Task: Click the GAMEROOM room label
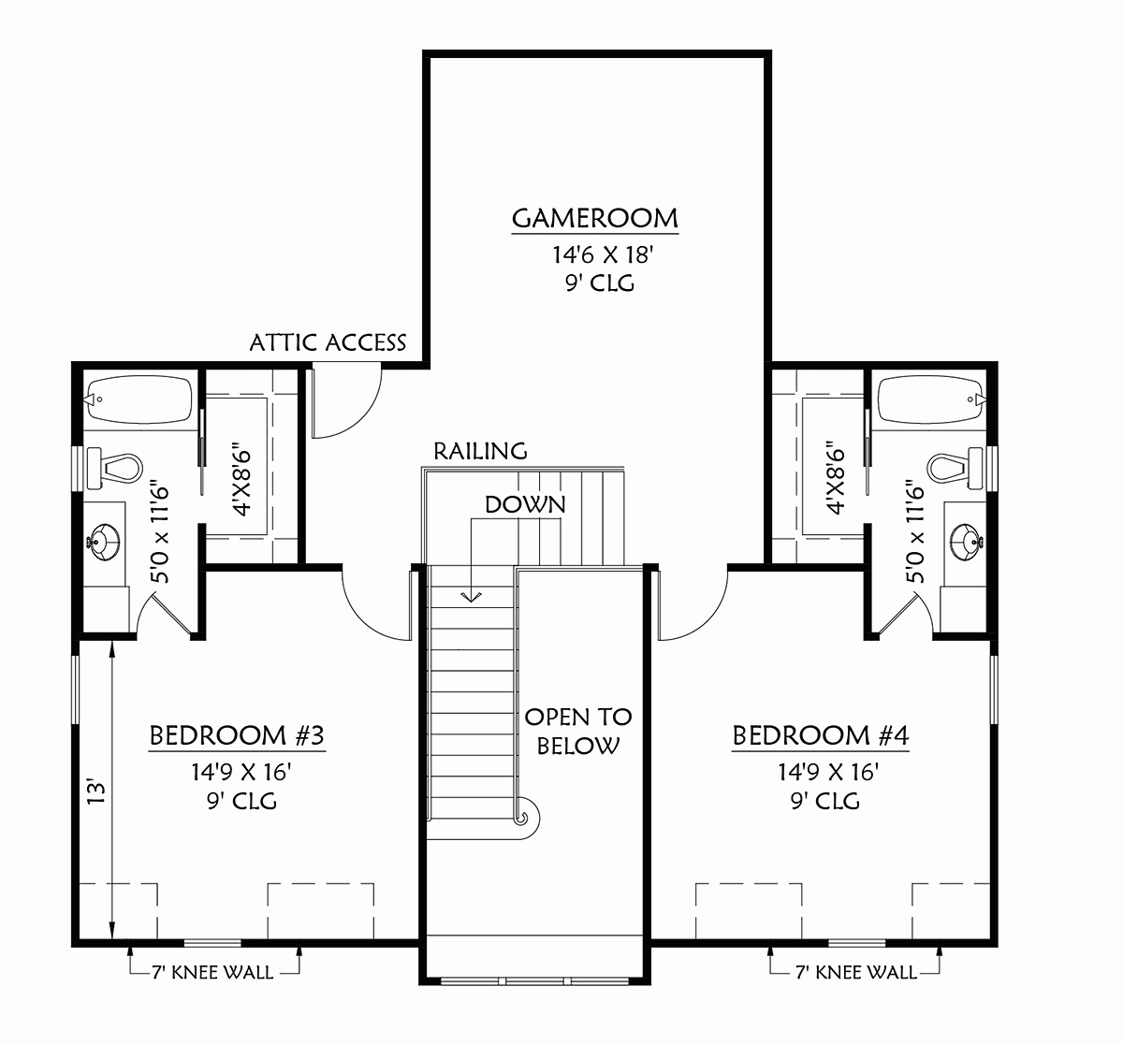tap(595, 219)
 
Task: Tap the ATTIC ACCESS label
tap(328, 342)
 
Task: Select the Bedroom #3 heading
tap(237, 736)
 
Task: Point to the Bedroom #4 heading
tap(820, 736)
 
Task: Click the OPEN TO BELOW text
tap(578, 731)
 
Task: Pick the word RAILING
tap(481, 451)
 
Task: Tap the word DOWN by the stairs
tap(525, 504)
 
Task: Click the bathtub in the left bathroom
tap(139, 399)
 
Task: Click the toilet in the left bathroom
tap(116, 466)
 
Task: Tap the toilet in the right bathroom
tap(955, 466)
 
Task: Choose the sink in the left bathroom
tap(103, 541)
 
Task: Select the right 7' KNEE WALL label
tap(855, 972)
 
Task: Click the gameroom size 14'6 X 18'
tap(595, 254)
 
